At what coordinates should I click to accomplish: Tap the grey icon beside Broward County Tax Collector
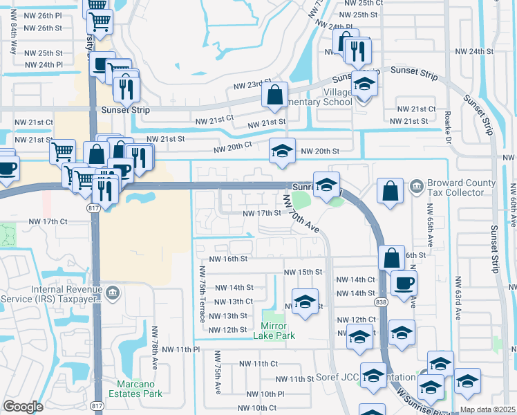tap(416, 185)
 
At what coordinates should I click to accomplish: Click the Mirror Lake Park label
tap(278, 331)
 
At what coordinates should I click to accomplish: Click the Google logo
tap(23, 407)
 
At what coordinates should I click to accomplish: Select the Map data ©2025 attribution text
tap(487, 409)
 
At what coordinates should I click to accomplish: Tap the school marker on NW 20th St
tap(282, 152)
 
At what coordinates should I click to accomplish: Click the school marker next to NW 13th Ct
tap(305, 303)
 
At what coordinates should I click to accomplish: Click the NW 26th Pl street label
tap(43, 15)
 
